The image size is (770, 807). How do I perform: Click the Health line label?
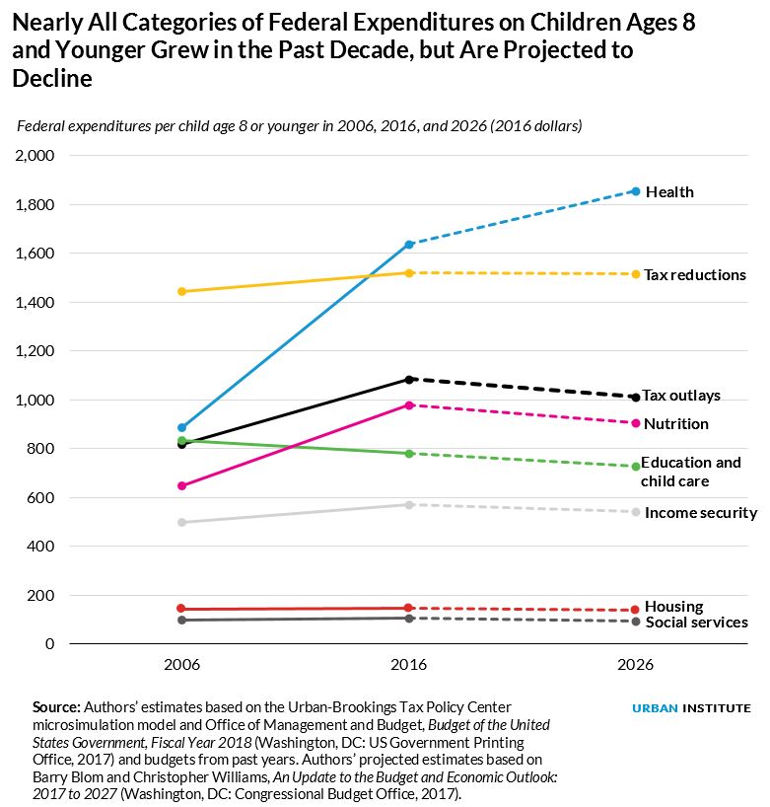[x=669, y=191]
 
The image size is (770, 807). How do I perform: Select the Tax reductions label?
[x=694, y=274]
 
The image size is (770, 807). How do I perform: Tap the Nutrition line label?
[x=675, y=423]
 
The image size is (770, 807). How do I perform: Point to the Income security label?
[x=700, y=512]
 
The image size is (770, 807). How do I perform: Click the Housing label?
[x=673, y=606]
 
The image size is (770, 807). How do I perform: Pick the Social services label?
[x=696, y=622]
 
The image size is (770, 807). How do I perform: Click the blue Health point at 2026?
[x=636, y=191]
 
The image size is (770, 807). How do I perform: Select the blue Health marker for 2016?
[x=409, y=244]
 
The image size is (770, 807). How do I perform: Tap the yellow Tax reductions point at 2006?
[x=182, y=291]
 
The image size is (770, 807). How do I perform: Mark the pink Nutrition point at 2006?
[x=182, y=485]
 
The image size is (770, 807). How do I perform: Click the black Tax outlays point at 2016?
[x=409, y=379]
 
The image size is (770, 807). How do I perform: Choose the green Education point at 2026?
[x=636, y=466]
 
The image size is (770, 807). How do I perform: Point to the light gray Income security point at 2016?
[x=409, y=504]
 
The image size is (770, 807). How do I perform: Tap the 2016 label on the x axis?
[x=409, y=666]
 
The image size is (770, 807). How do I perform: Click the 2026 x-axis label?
[x=636, y=666]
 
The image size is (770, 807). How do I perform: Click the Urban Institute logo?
[x=691, y=707]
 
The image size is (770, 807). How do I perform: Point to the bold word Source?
[x=56, y=707]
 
